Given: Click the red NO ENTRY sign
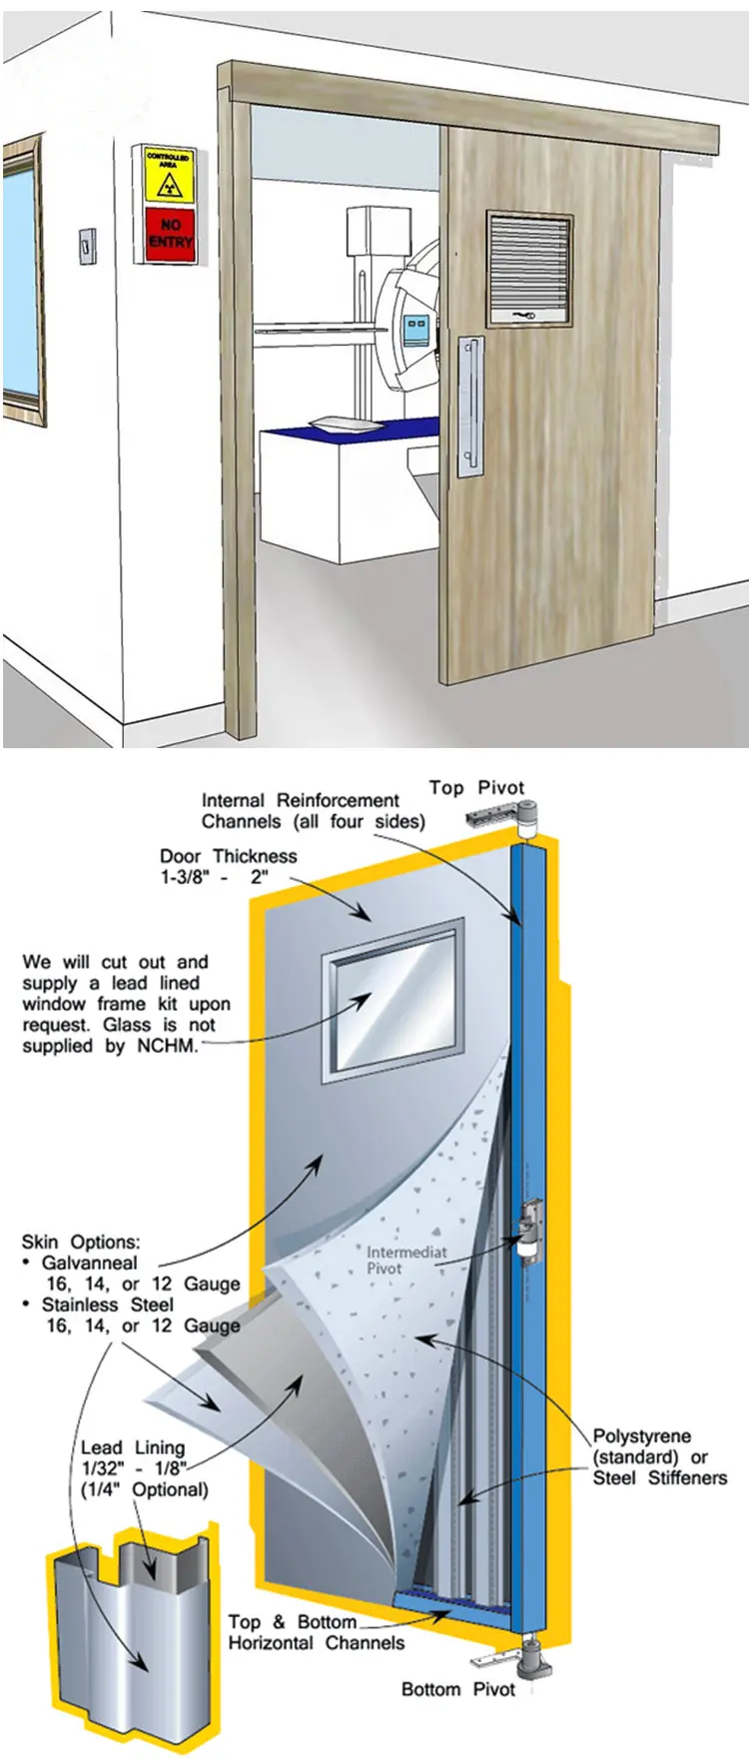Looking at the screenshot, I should (x=169, y=234).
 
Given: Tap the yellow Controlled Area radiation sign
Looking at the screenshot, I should (x=169, y=175).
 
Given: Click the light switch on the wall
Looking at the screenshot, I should (x=88, y=245).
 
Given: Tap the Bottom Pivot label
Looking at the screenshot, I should (x=457, y=1689).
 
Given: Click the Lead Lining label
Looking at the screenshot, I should (x=133, y=1447).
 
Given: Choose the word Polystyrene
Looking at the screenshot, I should (x=641, y=1436).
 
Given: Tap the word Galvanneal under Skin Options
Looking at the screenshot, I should (x=90, y=1263).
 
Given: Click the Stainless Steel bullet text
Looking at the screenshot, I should (x=107, y=1305).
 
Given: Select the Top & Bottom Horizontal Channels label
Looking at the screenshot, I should (x=316, y=1632).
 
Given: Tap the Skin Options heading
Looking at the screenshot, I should (x=81, y=1242).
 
